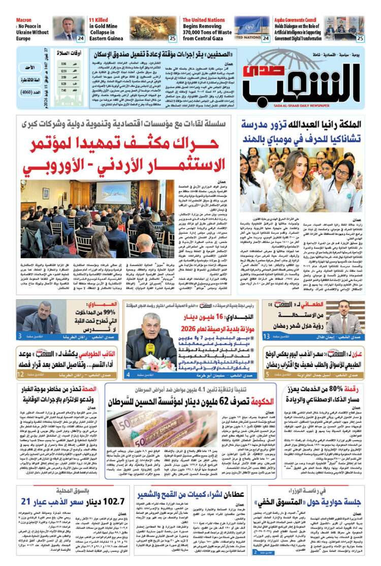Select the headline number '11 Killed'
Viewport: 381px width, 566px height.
[101, 20]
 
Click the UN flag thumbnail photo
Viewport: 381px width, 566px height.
[251, 28]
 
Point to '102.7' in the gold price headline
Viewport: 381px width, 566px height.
[111, 501]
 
